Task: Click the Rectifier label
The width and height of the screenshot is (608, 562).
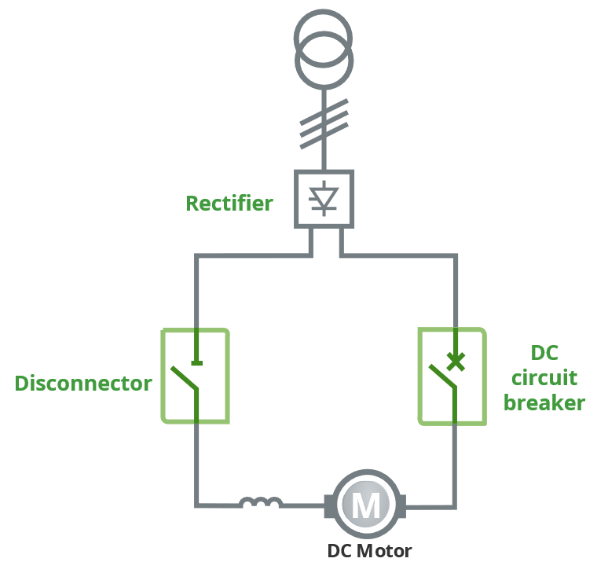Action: [x=229, y=204]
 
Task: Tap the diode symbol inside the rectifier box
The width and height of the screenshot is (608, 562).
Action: [x=324, y=199]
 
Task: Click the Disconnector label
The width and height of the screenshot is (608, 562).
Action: [x=83, y=384]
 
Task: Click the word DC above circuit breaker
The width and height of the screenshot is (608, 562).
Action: [x=544, y=352]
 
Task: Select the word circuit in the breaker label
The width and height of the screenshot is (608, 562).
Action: [x=544, y=378]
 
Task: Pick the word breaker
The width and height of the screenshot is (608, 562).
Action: [x=544, y=403]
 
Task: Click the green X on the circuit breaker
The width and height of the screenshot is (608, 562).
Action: [x=455, y=361]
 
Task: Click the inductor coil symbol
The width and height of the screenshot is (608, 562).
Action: [x=261, y=502]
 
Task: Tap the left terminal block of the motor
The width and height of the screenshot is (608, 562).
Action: [x=330, y=505]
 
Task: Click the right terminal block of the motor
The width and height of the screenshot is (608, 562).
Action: [x=401, y=505]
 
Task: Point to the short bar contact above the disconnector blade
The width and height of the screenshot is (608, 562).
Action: [x=196, y=362]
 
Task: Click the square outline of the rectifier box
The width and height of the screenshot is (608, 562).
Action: [x=296, y=199]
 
